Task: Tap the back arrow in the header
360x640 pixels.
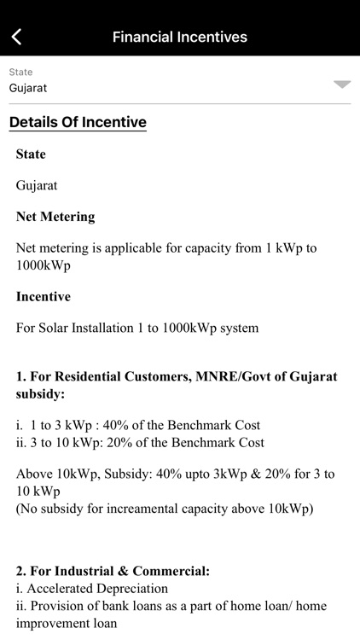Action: (x=16, y=37)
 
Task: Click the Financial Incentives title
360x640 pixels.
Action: (x=180, y=37)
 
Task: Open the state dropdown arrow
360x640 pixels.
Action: (x=341, y=84)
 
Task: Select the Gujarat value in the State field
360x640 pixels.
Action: (x=28, y=88)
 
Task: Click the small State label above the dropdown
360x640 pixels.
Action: (x=20, y=73)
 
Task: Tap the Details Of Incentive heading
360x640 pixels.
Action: (x=78, y=122)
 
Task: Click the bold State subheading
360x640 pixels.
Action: (x=31, y=154)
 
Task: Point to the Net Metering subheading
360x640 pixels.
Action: (x=55, y=217)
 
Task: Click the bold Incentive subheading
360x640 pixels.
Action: (x=44, y=297)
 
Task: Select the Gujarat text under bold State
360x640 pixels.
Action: (x=37, y=185)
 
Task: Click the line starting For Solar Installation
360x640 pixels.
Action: (x=136, y=328)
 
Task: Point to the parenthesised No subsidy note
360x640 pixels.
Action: (x=165, y=509)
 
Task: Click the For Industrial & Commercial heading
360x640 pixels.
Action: (x=113, y=571)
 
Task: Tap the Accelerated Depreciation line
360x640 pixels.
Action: (x=92, y=589)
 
